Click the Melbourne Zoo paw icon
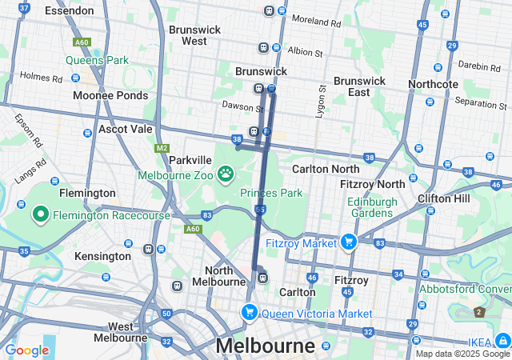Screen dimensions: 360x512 226,173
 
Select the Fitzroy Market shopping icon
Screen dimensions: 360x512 348,241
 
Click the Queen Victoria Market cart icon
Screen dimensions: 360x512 250,313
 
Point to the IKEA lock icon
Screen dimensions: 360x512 502,338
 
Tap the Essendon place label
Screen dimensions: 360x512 70,10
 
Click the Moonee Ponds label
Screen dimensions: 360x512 110,95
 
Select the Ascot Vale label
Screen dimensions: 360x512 125,129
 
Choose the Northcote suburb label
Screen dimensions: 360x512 433,84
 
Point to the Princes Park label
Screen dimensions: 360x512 271,193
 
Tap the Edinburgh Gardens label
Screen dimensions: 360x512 372,208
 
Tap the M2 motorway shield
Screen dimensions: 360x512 162,148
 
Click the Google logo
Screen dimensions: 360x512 26,350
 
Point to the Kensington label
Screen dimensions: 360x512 102,256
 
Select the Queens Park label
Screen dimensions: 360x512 97,60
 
